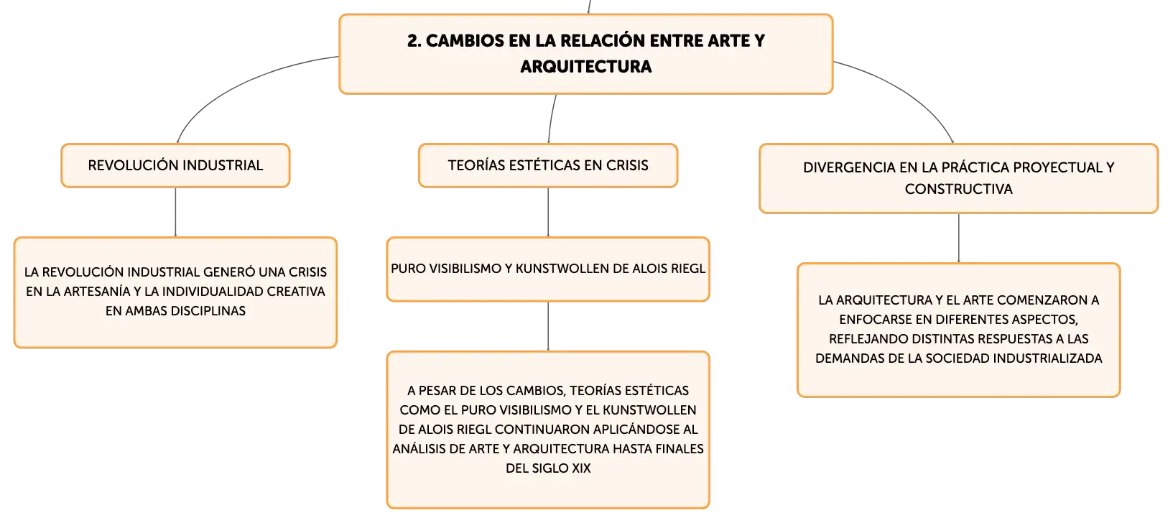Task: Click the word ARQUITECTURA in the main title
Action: click(586, 67)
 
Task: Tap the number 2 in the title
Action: click(413, 41)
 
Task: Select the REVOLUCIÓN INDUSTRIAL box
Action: click(175, 165)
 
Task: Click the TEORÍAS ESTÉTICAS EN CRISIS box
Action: click(548, 165)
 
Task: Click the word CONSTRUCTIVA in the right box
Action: click(958, 189)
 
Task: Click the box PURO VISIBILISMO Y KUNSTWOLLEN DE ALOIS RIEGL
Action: click(548, 269)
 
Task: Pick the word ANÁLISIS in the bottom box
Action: click(418, 449)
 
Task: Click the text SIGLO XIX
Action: click(561, 468)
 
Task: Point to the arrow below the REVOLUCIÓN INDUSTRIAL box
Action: click(175, 212)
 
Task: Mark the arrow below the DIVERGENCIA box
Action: click(958, 239)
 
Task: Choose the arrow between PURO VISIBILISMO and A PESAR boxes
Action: click(548, 326)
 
